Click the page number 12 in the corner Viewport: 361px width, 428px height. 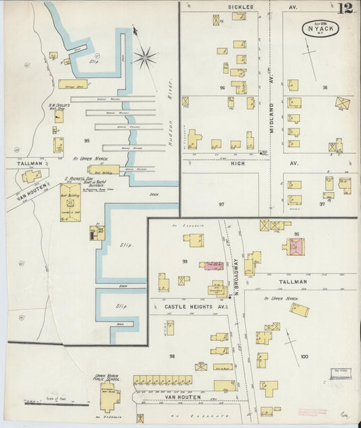click(347, 9)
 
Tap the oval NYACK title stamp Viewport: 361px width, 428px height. click(320, 29)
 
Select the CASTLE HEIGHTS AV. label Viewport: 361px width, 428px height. click(195, 306)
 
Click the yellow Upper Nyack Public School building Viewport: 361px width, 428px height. click(108, 400)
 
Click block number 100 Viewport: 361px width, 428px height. click(304, 356)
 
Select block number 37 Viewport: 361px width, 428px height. click(322, 203)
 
